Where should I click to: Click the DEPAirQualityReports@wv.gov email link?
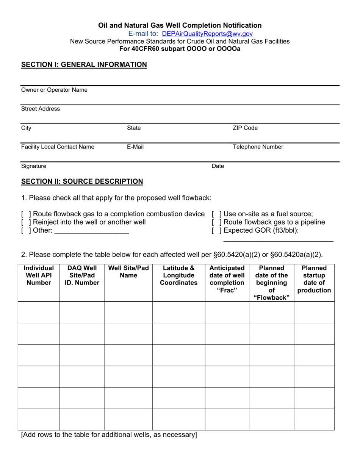pyautogui.click(x=207, y=33)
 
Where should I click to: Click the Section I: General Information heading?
pyautogui.click(x=84, y=65)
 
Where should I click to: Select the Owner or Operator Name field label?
pyautogui.click(x=54, y=90)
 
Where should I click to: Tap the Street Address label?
pyautogui.click(x=41, y=109)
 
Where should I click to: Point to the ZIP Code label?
pyautogui.click(x=245, y=128)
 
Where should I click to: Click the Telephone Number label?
pyautogui.click(x=258, y=147)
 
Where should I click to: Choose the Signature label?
pyautogui.click(x=34, y=166)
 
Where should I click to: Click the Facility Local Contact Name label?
pyautogui.click(x=58, y=147)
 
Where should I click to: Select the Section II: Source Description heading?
pyautogui.click(x=82, y=181)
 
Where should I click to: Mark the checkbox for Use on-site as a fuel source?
pyautogui.click(x=216, y=214)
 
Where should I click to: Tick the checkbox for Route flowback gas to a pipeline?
pyautogui.click(x=216, y=222)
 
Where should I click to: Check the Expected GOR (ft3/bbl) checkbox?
pyautogui.click(x=216, y=230)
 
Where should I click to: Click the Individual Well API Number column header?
pyautogui.click(x=39, y=275)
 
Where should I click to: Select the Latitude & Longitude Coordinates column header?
pyautogui.click(x=178, y=275)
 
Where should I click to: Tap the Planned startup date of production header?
pyautogui.click(x=314, y=279)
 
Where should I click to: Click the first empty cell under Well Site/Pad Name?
pyautogui.click(x=128, y=312)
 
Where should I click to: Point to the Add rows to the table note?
pyautogui.click(x=109, y=435)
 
